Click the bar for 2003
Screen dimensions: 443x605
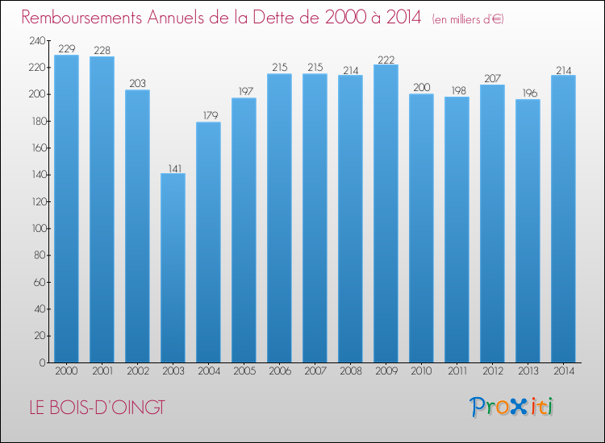click(x=173, y=267)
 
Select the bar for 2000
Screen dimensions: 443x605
click(x=66, y=209)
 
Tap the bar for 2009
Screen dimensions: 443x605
click(x=386, y=213)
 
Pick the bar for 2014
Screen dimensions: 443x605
click(x=563, y=218)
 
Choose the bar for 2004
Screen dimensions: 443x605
click(x=208, y=242)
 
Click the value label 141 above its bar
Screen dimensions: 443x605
click(x=173, y=168)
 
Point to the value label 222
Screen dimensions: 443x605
click(x=386, y=59)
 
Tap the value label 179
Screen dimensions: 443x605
click(x=208, y=116)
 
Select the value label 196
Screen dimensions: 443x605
click(x=528, y=93)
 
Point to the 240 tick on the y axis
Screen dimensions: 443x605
click(x=37, y=41)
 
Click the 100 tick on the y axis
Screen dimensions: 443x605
click(x=37, y=229)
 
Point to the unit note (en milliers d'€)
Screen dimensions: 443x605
click(x=468, y=19)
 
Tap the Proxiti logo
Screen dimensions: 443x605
click(x=511, y=407)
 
